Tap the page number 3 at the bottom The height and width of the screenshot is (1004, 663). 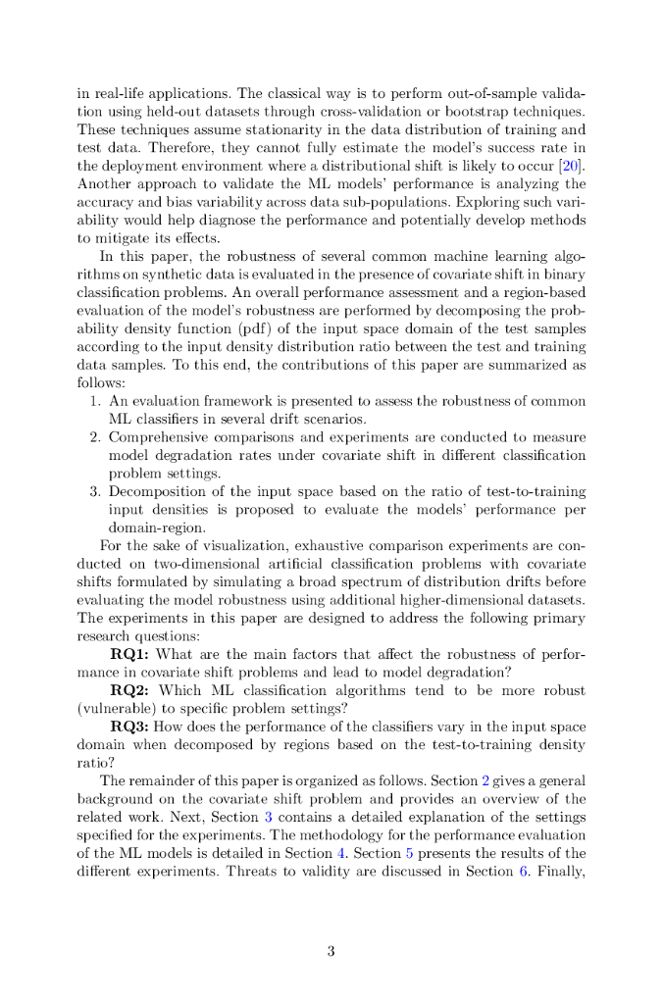331,950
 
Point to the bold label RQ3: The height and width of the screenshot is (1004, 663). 130,726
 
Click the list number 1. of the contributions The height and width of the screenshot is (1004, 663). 95,401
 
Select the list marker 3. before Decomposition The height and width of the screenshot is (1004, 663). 95,490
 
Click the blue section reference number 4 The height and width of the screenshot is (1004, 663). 341,853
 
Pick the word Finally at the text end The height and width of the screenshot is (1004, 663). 559,871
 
